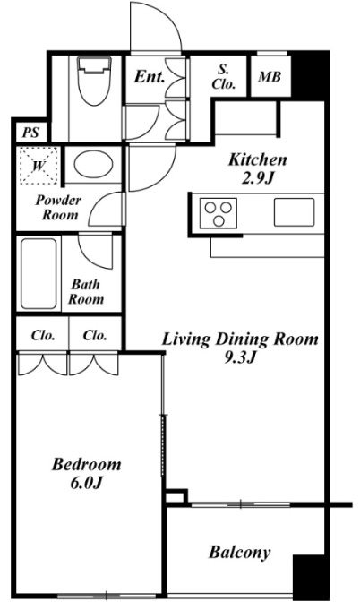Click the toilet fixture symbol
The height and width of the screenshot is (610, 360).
(94, 81)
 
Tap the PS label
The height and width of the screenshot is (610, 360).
(30, 133)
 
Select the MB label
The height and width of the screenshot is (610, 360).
(270, 77)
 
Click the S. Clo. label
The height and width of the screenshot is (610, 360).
(223, 77)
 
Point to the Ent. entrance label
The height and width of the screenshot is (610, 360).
(150, 77)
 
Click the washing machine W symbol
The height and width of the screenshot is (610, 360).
(39, 166)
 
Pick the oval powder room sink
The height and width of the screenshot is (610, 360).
(93, 165)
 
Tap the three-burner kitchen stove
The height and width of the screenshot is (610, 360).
(219, 213)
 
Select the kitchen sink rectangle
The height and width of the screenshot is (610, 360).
(294, 212)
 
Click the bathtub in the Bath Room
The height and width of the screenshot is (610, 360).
(39, 274)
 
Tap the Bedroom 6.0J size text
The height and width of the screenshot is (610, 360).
(86, 483)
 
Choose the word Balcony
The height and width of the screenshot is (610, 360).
(239, 553)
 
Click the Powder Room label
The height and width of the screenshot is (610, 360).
(59, 207)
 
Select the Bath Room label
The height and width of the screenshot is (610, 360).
(86, 292)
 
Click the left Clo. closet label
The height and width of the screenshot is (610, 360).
(43, 335)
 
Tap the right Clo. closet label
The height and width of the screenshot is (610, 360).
(95, 335)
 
